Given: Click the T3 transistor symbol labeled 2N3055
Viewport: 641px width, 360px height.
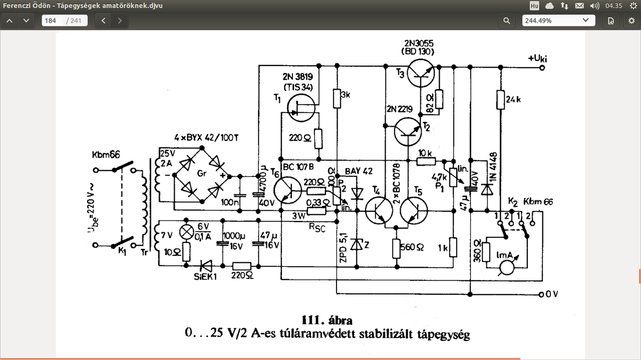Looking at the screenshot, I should tap(420, 73).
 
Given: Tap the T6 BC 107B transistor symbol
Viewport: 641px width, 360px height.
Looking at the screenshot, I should tap(288, 191).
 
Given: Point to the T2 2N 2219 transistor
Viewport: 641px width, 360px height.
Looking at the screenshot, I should tap(408, 131).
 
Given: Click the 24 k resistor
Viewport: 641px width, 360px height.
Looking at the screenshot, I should tap(500, 99).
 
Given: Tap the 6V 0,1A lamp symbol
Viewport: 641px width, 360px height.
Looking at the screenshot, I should tap(187, 231).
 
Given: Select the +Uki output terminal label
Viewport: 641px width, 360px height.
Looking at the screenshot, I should tap(539, 59).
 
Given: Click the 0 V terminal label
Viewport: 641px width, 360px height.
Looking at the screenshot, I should tap(551, 294).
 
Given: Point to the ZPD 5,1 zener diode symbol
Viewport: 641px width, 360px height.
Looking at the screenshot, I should tap(357, 245).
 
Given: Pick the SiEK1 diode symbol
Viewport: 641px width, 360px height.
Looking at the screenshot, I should tap(205, 265).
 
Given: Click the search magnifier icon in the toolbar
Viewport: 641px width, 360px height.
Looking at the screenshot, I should tap(507, 21).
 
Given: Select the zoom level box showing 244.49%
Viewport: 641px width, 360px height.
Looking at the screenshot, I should tap(558, 21).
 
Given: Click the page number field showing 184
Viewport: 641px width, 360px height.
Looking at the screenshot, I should tap(52, 21).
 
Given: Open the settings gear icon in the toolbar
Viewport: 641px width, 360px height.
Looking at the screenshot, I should tap(631, 21).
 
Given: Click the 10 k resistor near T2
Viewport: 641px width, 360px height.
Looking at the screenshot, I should tap(426, 161).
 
